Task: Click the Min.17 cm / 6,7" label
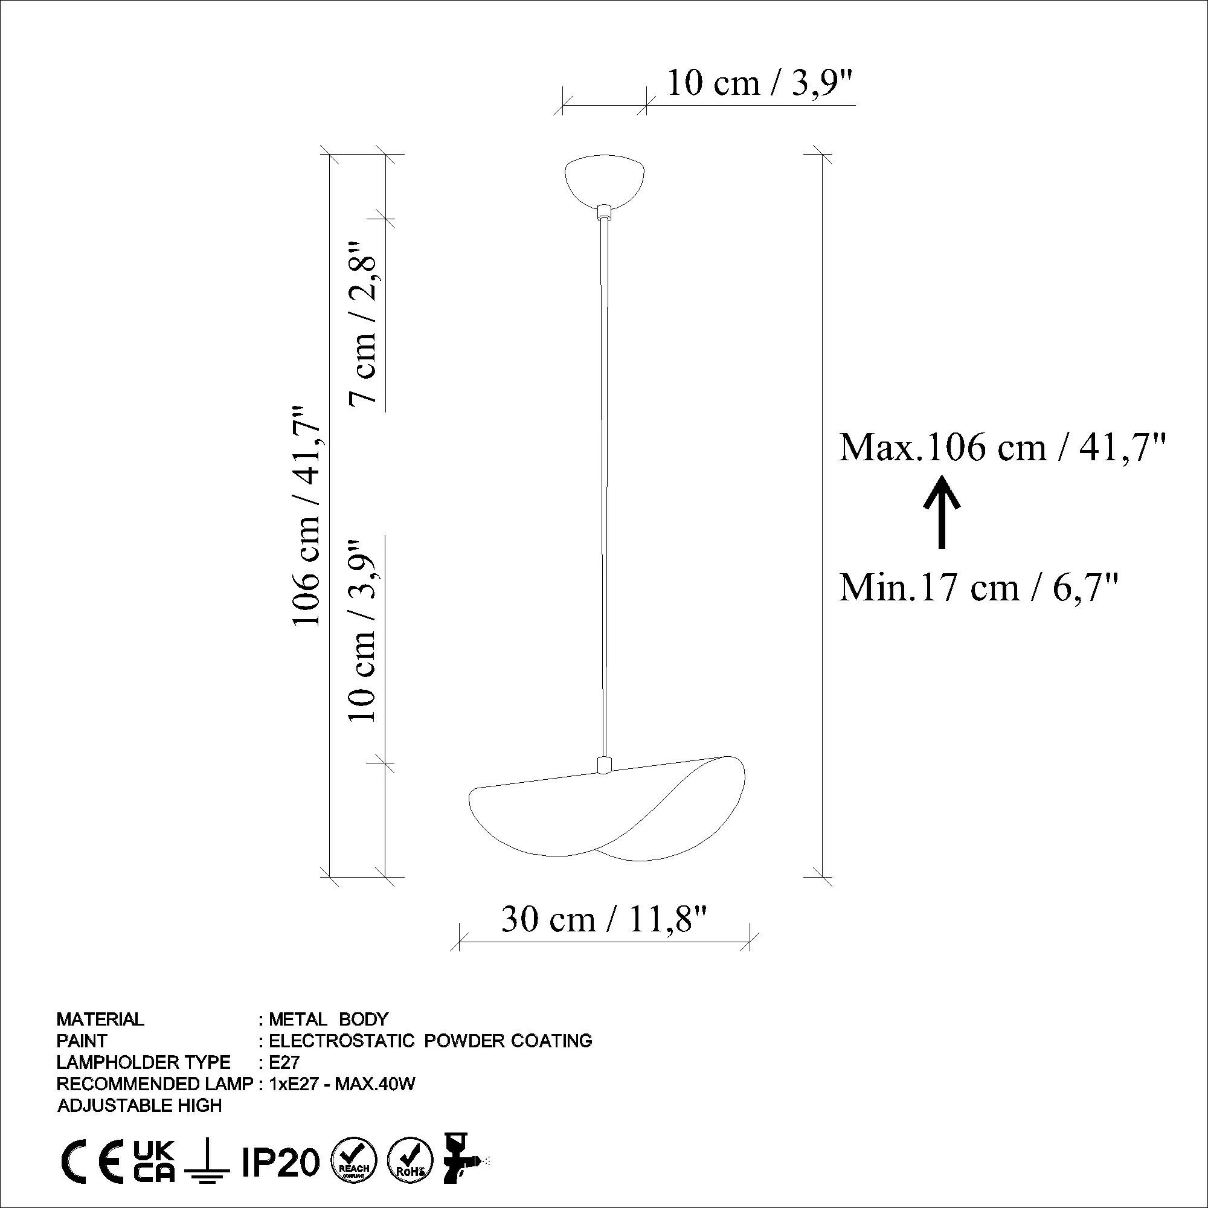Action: click(978, 589)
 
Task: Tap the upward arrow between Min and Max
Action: click(942, 512)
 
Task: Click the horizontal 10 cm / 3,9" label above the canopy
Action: click(760, 83)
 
